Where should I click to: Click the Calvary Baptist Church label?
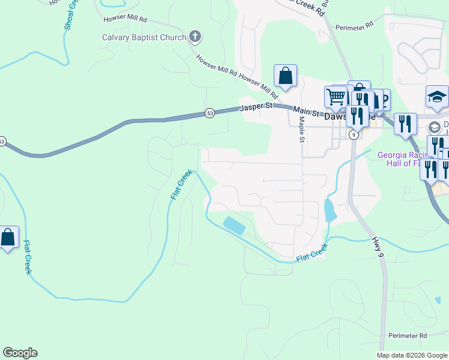click(x=143, y=37)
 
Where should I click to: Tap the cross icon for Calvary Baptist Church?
click(x=194, y=37)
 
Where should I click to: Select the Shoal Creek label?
click(x=69, y=15)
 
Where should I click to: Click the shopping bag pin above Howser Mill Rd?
click(x=286, y=76)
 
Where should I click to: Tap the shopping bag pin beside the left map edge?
click(x=8, y=238)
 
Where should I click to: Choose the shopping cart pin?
click(x=336, y=97)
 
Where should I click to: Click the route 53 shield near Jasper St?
click(x=209, y=113)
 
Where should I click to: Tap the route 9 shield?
click(x=355, y=136)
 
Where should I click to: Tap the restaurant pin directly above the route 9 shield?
click(x=357, y=116)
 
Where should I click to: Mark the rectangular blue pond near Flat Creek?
click(x=234, y=226)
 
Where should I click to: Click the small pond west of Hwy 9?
click(x=330, y=211)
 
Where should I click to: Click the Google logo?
click(x=20, y=353)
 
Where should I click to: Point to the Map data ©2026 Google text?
click(x=411, y=355)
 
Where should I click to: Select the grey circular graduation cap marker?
click(x=434, y=127)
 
